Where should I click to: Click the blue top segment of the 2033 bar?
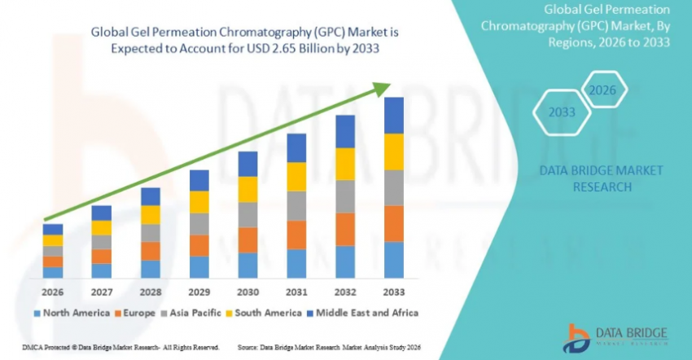394,116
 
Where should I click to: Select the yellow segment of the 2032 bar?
345,164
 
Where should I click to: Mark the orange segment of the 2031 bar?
296,235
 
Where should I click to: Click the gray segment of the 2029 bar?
199,224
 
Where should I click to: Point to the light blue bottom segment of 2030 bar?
247,266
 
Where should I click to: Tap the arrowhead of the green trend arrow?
382,87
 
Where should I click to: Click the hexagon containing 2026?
602,90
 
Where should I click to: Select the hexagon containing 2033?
561,112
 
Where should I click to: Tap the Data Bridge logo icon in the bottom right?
576,337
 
